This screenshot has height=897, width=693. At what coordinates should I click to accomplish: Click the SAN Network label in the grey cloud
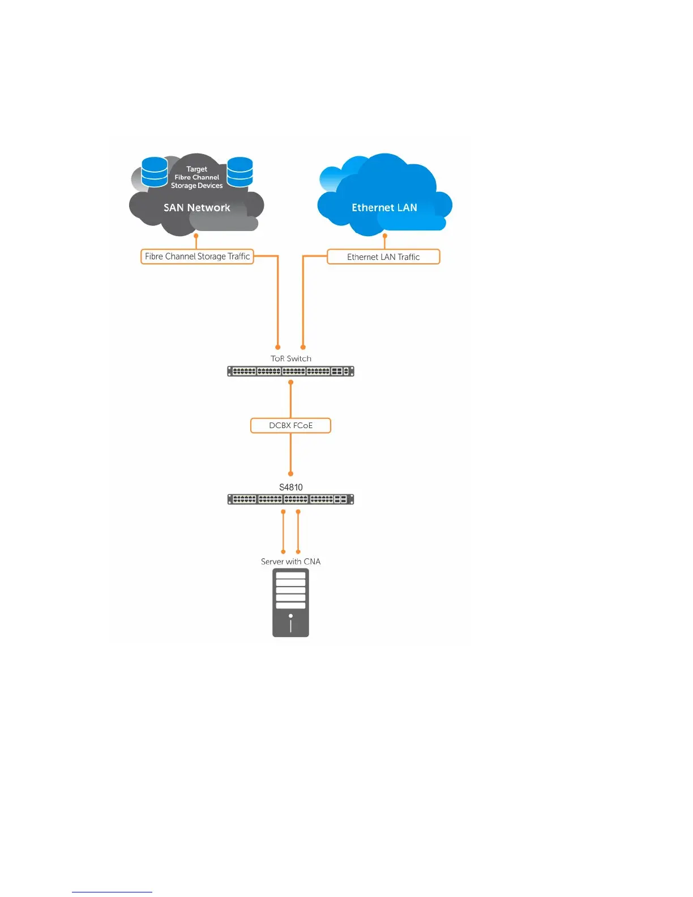coord(196,208)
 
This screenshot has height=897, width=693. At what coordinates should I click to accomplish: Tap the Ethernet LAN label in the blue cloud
coord(384,208)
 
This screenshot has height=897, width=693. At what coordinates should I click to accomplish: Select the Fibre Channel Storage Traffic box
coord(197,257)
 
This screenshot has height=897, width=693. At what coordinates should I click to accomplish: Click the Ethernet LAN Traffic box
coord(383,257)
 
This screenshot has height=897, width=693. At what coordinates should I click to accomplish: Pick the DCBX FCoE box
coord(290,425)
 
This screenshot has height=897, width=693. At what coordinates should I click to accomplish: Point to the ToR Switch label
coord(291,358)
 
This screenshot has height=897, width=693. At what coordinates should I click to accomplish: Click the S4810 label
coord(291,487)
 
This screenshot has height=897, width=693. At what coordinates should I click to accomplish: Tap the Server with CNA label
coord(290,562)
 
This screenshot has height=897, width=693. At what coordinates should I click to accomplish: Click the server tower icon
coord(290,603)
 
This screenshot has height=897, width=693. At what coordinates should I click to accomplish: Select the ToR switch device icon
coord(290,371)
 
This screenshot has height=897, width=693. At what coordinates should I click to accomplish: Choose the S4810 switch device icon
coord(290,499)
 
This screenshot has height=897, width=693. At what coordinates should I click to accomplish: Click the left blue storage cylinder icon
coord(155,172)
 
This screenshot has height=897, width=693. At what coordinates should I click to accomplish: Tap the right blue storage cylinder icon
coord(240,172)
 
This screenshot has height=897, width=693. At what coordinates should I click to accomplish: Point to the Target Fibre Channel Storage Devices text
coord(197,177)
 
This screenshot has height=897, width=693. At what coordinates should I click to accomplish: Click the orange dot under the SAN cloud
coord(196,236)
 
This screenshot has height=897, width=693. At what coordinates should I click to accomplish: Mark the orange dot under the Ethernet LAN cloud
coord(385,236)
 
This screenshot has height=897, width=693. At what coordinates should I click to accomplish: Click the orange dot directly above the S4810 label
coord(290,473)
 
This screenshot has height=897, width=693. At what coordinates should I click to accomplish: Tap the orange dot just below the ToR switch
coord(290,382)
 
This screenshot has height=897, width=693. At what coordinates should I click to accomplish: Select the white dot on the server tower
coord(290,616)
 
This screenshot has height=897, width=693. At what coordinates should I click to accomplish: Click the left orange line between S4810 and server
coord(283,531)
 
